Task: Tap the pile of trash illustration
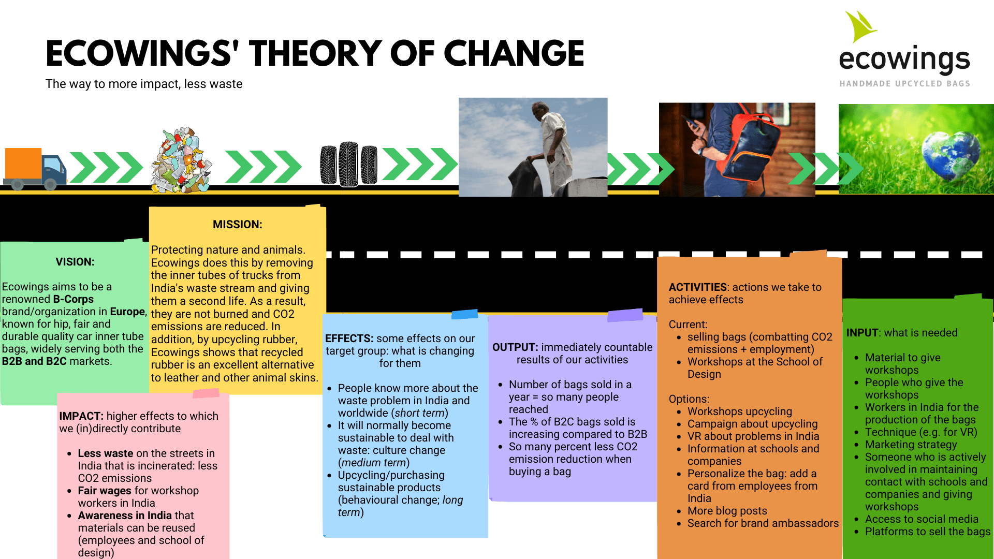point(181,160)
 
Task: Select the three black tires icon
point(348,164)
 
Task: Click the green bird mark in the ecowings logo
point(860,27)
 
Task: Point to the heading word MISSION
point(237,225)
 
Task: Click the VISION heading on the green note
point(75,262)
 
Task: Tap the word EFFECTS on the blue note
point(349,339)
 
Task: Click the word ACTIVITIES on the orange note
point(697,287)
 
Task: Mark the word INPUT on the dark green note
point(862,333)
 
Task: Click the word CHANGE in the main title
point(514,53)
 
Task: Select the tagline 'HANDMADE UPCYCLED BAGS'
point(904,84)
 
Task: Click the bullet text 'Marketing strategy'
point(911,445)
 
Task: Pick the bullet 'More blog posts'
point(727,511)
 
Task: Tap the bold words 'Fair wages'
point(105,491)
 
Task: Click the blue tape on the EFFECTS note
point(464,314)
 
